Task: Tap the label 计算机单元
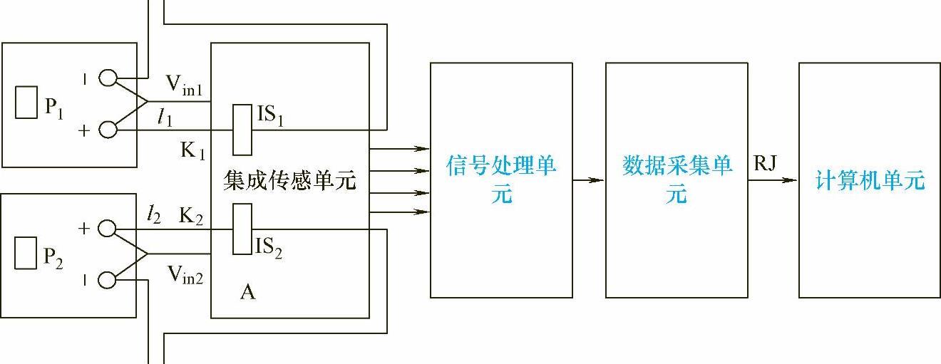click(x=870, y=181)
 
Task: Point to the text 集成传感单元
click(x=289, y=181)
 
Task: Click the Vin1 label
click(x=185, y=85)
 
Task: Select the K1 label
click(x=193, y=151)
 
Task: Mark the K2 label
click(x=191, y=216)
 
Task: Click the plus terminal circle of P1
click(x=108, y=130)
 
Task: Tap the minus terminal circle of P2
click(x=108, y=281)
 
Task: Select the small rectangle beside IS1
click(x=242, y=130)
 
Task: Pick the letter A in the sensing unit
click(x=248, y=292)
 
